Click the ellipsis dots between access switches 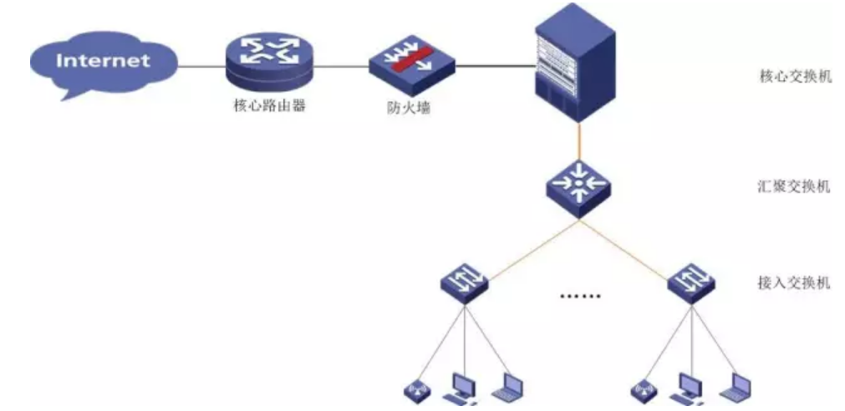(x=578, y=295)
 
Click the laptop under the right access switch (x=736, y=387)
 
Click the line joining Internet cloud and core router (x=201, y=65)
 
